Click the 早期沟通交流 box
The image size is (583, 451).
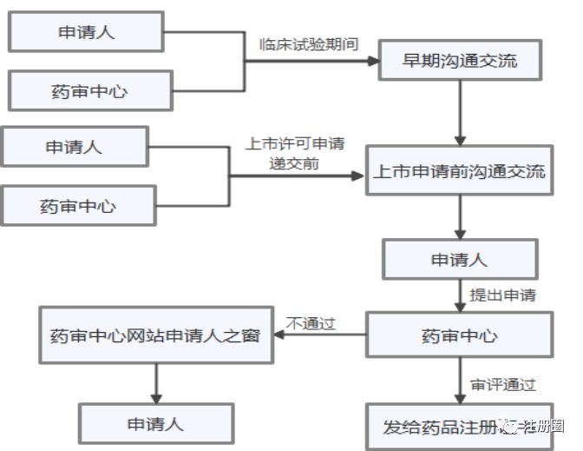460,61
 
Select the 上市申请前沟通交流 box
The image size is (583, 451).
460,172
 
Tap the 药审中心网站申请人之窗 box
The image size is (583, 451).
155,335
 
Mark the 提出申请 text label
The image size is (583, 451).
502,295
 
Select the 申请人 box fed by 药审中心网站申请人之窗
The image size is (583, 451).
156,424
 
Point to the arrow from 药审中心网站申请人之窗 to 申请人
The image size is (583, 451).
156,381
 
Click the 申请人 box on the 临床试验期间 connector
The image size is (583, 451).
86,32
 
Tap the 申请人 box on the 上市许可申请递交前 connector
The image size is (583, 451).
74,147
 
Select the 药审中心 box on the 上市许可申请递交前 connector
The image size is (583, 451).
77,206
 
